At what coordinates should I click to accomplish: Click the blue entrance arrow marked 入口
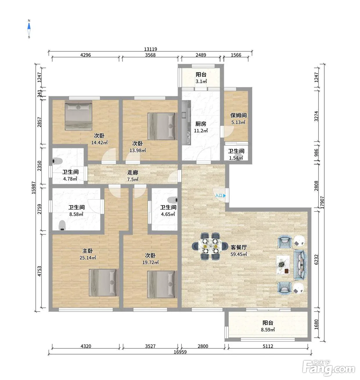pyautogui.click(x=224, y=196)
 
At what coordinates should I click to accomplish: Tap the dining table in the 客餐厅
pyautogui.click(x=210, y=246)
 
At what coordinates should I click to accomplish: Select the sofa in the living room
pyautogui.click(x=300, y=265)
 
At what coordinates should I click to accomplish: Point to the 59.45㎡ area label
pyautogui.click(x=239, y=254)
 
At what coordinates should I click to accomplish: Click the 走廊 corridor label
pyautogui.click(x=132, y=172)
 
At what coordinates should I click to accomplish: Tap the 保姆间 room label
pyautogui.click(x=238, y=115)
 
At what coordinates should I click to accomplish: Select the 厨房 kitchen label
pyautogui.click(x=201, y=124)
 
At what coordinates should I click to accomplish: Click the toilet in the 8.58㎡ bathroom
pyautogui.click(x=62, y=225)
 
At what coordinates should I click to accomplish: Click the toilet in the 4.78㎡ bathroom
pyautogui.click(x=57, y=161)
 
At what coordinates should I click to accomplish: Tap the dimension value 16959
pyautogui.click(x=180, y=352)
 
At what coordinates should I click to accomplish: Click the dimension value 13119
pyautogui.click(x=150, y=49)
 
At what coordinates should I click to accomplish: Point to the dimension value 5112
pyautogui.click(x=268, y=346)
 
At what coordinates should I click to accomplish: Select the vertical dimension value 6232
pyautogui.click(x=316, y=259)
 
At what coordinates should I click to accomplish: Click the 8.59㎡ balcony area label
pyautogui.click(x=268, y=330)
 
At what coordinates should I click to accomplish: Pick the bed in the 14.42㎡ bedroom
pyautogui.click(x=78, y=115)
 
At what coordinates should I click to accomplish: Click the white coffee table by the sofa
pyautogui.click(x=283, y=265)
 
